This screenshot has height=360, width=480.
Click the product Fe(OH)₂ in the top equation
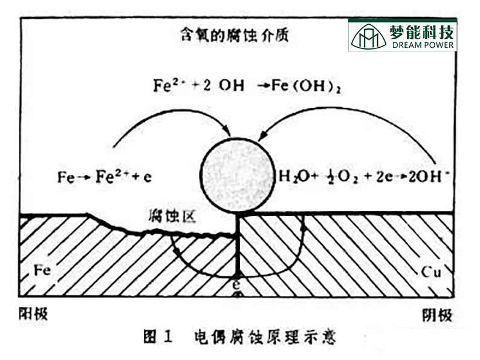(300, 86)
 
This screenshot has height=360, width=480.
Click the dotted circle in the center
(237, 177)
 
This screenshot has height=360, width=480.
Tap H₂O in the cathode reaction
(291, 177)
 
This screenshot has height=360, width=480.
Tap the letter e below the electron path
(239, 284)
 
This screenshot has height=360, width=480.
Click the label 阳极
(33, 314)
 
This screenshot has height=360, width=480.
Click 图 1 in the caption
(158, 336)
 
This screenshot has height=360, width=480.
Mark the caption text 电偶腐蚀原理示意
(265, 336)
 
